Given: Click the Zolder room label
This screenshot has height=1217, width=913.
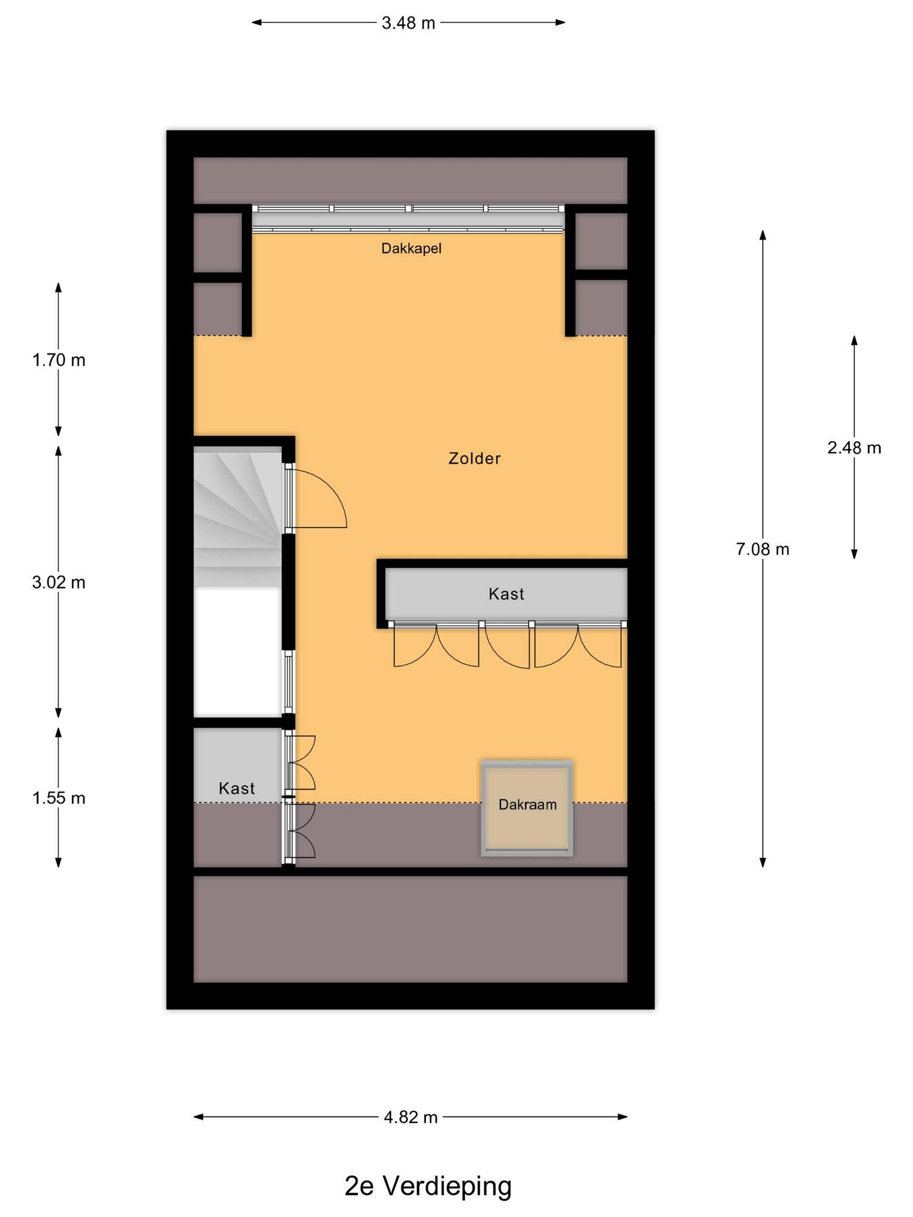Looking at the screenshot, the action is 474,459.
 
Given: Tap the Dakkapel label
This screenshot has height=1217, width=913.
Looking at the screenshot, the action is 411,248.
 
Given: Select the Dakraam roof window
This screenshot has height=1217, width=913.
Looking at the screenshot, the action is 527,808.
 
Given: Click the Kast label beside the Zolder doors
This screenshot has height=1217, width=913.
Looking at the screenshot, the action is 506,594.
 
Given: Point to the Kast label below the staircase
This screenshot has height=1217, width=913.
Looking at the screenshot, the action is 237,789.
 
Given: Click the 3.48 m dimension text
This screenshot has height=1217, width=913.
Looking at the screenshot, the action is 408,23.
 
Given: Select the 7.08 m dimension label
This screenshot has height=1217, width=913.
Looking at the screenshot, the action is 763,550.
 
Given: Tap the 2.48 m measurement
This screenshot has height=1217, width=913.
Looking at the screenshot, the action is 854,448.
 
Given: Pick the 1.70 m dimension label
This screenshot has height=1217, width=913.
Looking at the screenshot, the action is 59,360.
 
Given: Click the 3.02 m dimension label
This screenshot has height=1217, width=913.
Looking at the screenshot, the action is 59,583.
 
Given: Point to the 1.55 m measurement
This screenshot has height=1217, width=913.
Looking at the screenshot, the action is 59,798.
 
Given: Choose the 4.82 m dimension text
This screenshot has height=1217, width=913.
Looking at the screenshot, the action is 411,1118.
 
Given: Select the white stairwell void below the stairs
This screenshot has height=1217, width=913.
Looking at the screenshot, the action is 238,651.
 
